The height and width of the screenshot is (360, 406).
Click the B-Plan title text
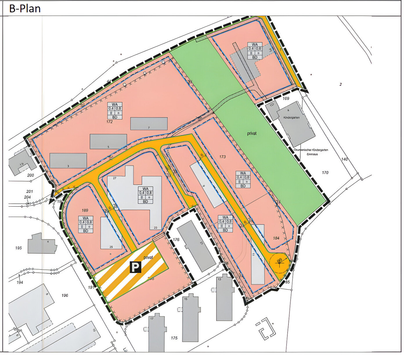click(x=25, y=8)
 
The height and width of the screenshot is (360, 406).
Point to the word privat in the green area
click(x=252, y=133)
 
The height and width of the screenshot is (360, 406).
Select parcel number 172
click(x=109, y=122)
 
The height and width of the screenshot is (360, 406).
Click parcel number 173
click(x=222, y=157)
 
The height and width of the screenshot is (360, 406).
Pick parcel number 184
click(x=276, y=238)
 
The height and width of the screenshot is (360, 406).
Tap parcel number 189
click(x=85, y=210)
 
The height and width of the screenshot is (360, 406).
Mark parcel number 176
click(x=176, y=240)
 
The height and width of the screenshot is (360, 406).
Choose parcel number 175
click(x=174, y=338)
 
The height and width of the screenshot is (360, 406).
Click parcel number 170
click(x=325, y=173)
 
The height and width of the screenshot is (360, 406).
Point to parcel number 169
click(x=286, y=98)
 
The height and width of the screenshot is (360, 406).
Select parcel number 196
click(x=65, y=295)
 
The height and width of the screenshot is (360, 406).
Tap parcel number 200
click(x=30, y=175)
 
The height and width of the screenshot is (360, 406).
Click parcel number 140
click(x=344, y=159)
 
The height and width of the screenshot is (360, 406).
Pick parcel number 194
click(x=20, y=282)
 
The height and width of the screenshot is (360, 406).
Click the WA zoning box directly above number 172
click(x=115, y=111)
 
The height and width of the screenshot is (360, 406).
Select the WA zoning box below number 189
click(x=86, y=224)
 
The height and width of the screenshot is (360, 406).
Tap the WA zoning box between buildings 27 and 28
click(x=145, y=195)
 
